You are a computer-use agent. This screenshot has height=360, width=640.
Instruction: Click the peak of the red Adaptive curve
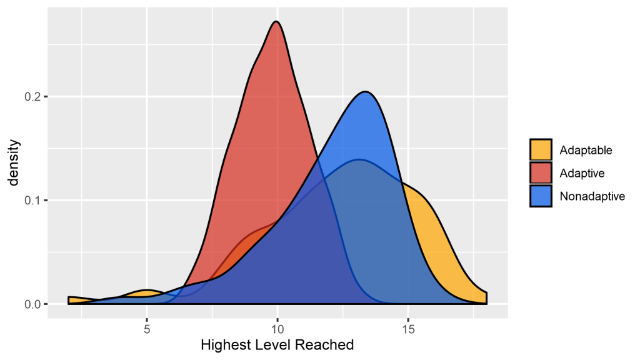point(276,22)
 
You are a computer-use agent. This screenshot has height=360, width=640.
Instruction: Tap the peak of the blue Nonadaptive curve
point(366,92)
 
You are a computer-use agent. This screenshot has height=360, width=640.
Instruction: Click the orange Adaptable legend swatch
point(541,150)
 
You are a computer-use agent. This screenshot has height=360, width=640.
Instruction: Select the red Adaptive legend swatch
point(541,173)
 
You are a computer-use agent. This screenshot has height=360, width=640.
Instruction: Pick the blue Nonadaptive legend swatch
point(541,196)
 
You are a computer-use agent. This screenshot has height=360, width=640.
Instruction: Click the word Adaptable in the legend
point(586,150)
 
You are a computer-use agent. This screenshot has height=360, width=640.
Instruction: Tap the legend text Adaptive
point(582,173)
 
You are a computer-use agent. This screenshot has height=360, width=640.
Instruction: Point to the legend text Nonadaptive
point(592,196)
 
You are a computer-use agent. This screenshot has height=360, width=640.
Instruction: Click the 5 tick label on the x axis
point(147,329)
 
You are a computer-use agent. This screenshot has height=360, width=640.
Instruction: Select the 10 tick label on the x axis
point(277,329)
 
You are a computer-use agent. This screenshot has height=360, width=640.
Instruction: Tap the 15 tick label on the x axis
point(408,329)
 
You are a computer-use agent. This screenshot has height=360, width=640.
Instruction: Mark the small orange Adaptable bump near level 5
point(146,292)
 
